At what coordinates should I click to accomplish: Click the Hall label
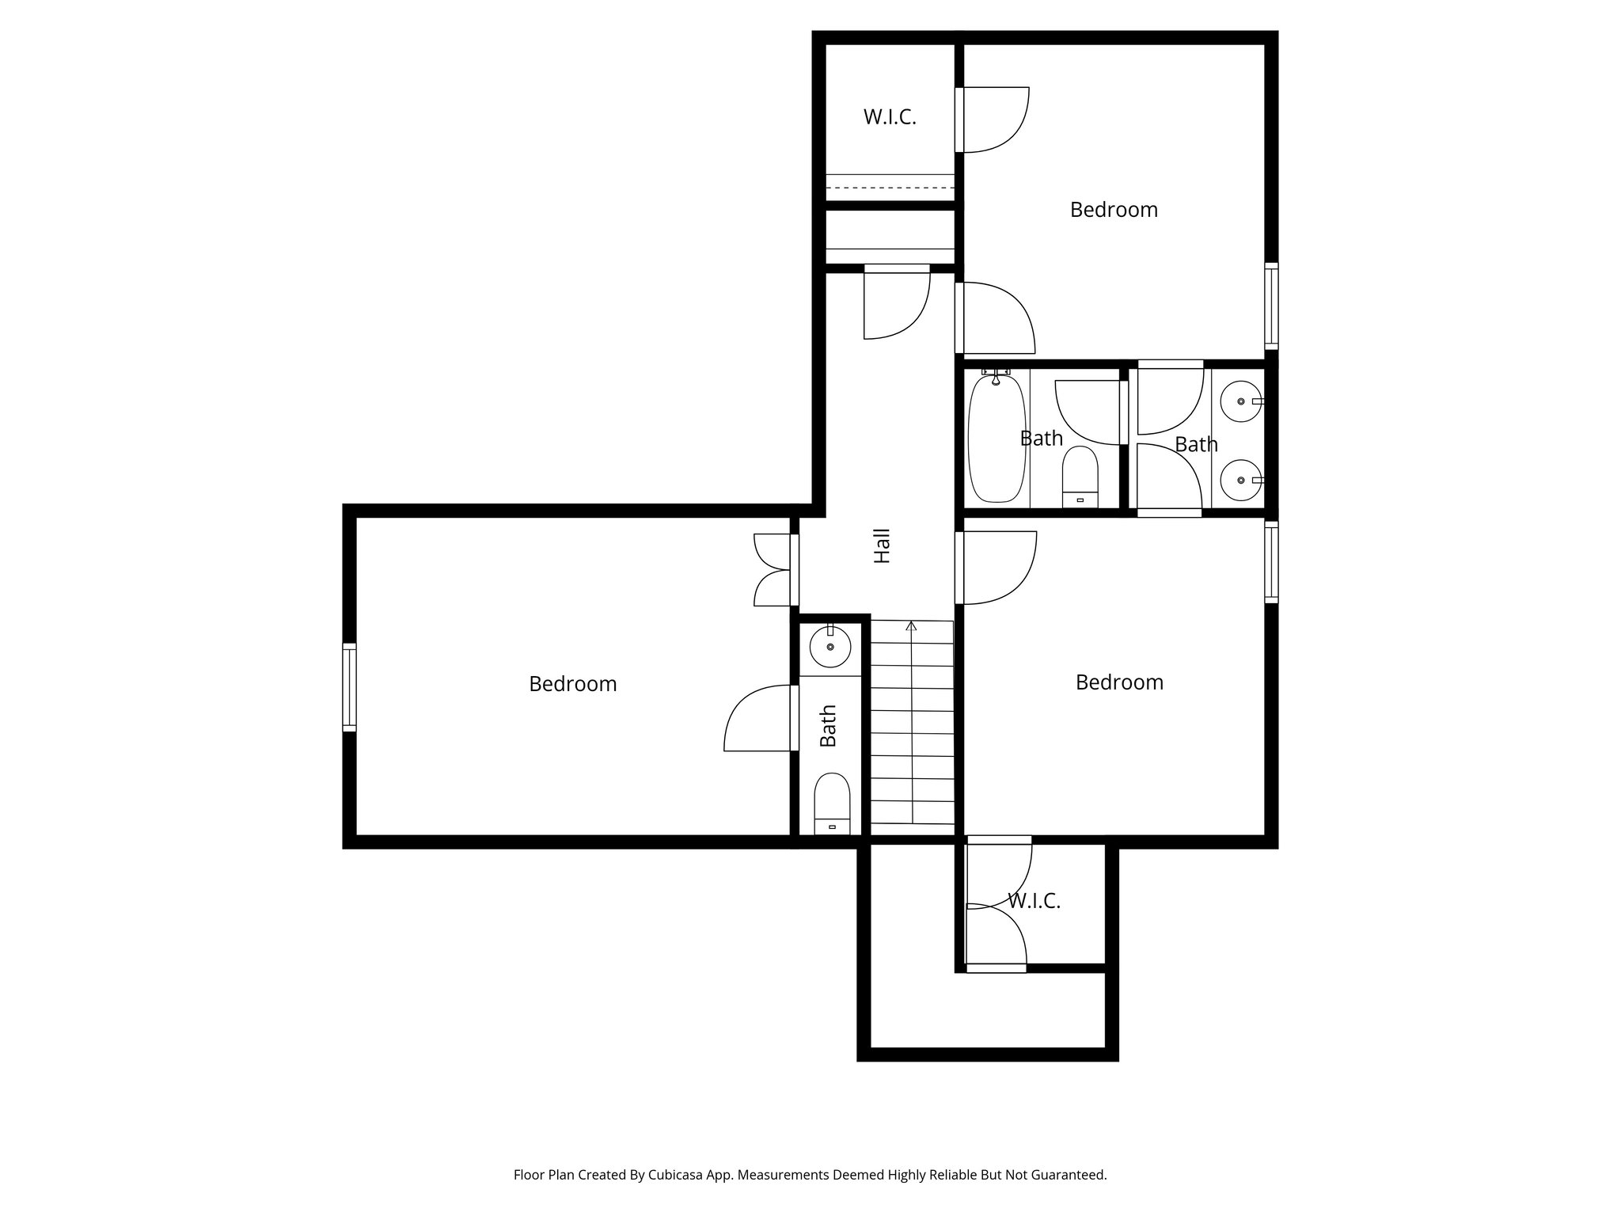point(882,546)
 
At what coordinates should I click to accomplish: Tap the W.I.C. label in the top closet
point(890,117)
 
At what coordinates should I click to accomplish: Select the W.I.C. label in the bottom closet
point(1034,901)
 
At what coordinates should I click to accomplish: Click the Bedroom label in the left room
point(572,684)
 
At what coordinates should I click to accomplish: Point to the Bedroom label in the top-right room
point(1113,210)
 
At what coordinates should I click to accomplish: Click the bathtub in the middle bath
point(997,439)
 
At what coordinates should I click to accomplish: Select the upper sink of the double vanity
point(1240,402)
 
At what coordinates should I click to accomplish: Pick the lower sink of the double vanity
point(1240,481)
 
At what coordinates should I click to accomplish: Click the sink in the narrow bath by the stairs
point(830,648)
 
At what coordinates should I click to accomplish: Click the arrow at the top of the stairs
point(911,627)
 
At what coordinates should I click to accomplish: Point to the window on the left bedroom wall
point(349,686)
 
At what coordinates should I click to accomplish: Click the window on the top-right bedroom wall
point(1270,306)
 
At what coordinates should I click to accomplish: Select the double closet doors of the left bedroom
point(774,570)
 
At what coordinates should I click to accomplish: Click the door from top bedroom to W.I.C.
point(993,119)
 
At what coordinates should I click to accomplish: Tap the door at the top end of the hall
point(896,302)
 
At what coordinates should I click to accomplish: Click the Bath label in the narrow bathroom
point(828,726)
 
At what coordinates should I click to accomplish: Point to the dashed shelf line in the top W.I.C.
point(890,188)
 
